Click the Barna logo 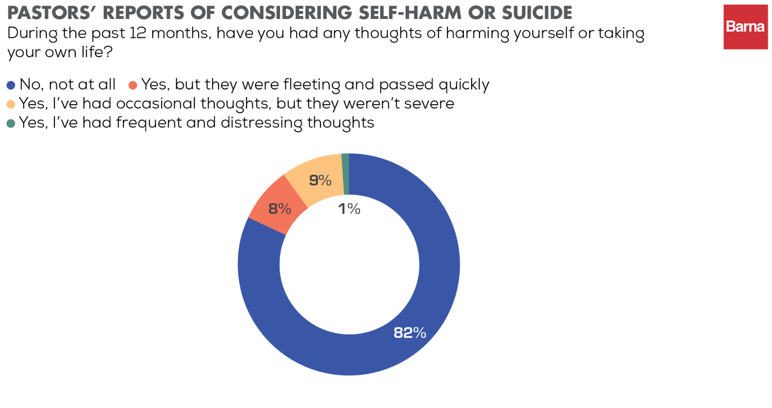click(x=745, y=27)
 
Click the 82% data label click(x=410, y=333)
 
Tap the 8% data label click(x=280, y=209)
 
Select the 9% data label click(x=320, y=180)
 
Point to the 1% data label click(x=349, y=209)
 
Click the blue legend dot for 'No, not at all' click(x=11, y=85)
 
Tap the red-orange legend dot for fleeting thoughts click(x=133, y=85)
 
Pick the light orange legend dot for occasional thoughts click(x=11, y=104)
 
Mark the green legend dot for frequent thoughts click(x=11, y=123)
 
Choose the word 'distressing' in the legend click(x=262, y=123)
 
